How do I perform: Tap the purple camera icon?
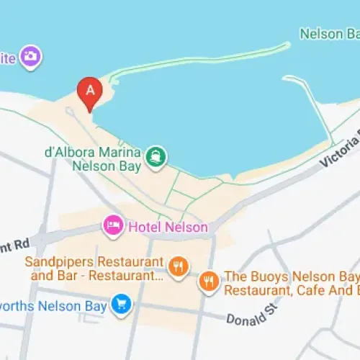pos(30,56)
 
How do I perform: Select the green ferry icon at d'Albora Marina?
pos(156,156)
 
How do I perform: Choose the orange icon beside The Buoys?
pos(209,281)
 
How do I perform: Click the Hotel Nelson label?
pos(168,227)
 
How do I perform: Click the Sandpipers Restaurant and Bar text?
pos(94,268)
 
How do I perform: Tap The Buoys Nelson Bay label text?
pos(292,284)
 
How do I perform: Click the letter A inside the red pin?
pos(90,90)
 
